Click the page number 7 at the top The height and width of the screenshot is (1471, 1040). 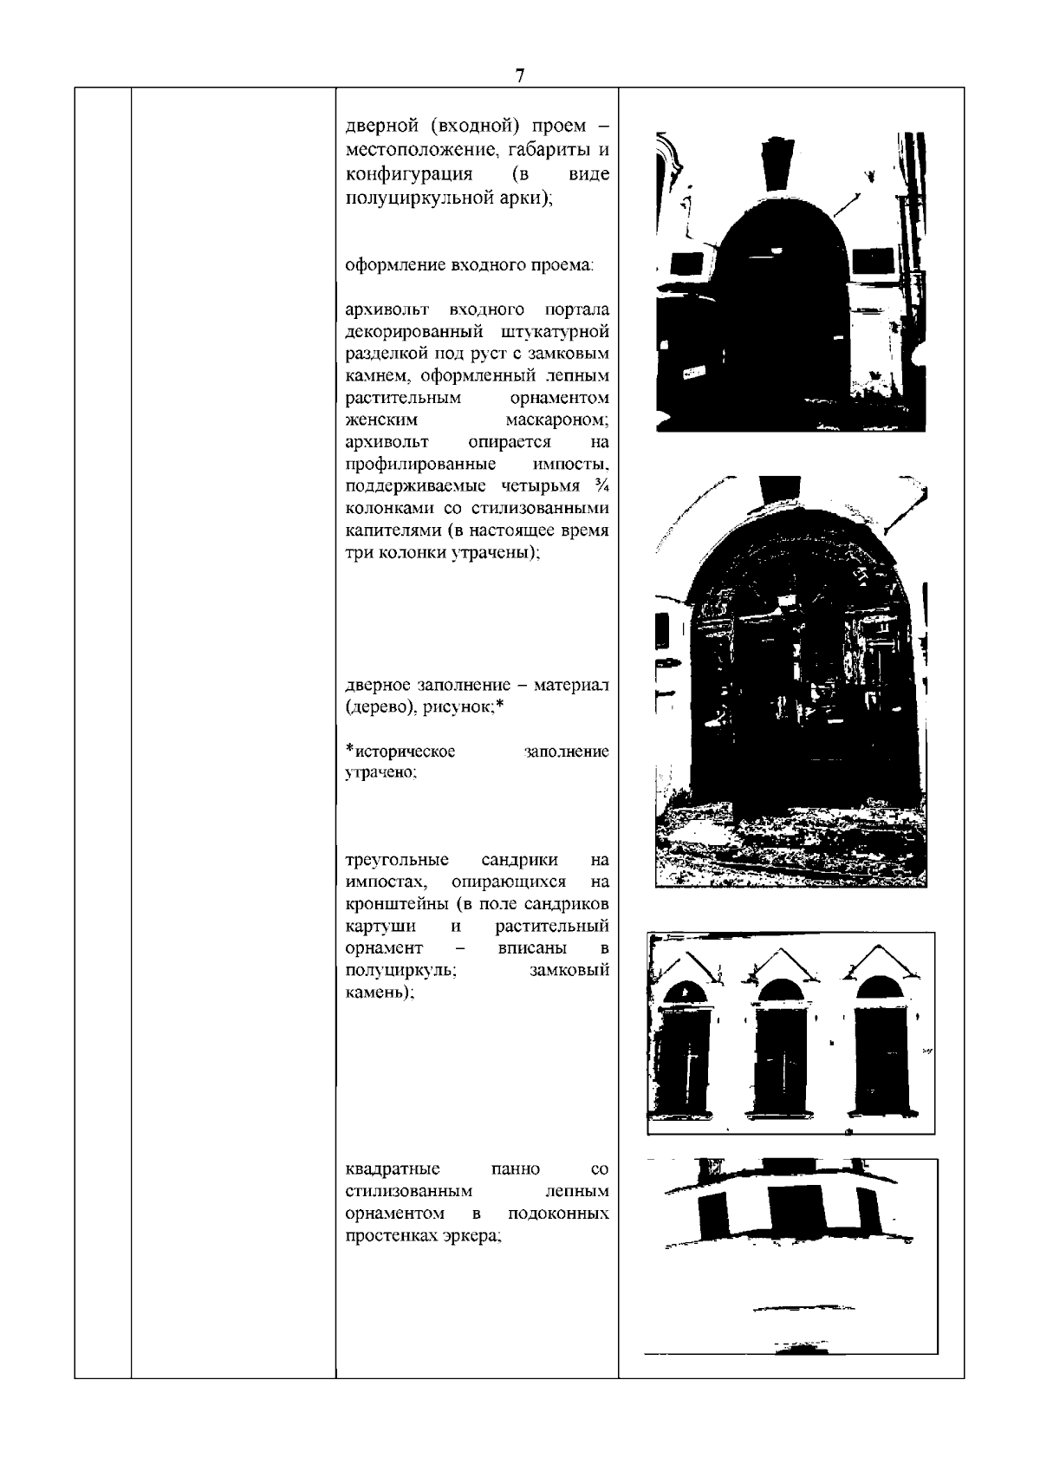click(519, 75)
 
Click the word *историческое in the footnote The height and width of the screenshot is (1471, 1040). click(400, 752)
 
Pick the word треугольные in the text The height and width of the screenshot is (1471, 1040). click(397, 860)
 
